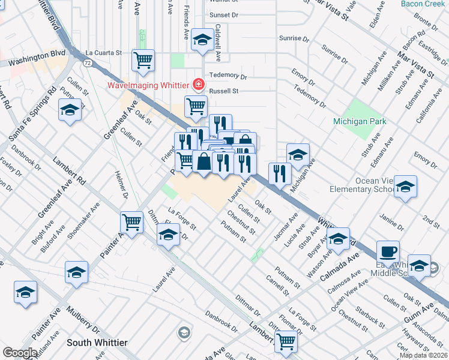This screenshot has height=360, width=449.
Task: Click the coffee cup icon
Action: pyautogui.click(x=388, y=251)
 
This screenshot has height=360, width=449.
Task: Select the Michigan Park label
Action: pyautogui.click(x=360, y=122)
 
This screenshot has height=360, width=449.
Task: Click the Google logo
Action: pyautogui.click(x=20, y=353)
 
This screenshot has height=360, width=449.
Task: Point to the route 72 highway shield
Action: pyautogui.click(x=88, y=62)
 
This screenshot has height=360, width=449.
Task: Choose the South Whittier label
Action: pyautogui.click(x=97, y=343)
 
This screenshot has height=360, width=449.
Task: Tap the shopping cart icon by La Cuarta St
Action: pyautogui.click(x=143, y=59)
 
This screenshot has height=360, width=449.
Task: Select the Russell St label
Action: pyautogui.click(x=224, y=91)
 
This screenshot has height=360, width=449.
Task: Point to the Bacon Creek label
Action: pyautogui.click(x=424, y=5)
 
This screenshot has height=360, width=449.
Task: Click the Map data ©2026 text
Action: pyautogui.click(x=423, y=355)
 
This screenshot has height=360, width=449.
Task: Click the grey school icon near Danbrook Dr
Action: pyautogui.click(x=184, y=332)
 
